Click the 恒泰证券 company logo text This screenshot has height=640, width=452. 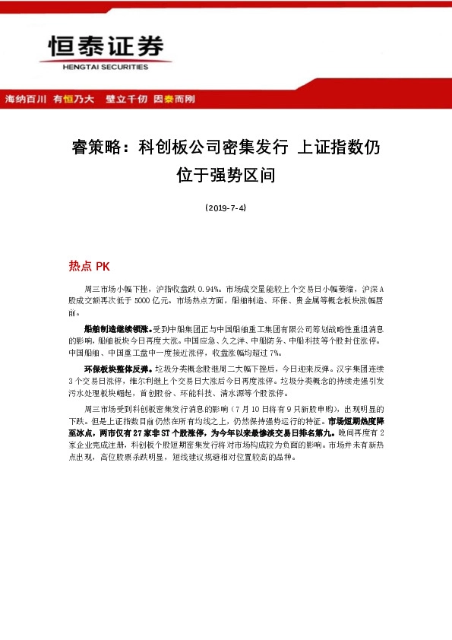(106, 47)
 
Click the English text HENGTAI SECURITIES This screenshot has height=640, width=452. (106, 66)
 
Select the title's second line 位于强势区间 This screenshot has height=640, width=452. (226, 176)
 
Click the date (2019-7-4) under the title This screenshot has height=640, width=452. (226, 208)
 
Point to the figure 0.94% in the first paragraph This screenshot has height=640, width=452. (208, 290)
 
